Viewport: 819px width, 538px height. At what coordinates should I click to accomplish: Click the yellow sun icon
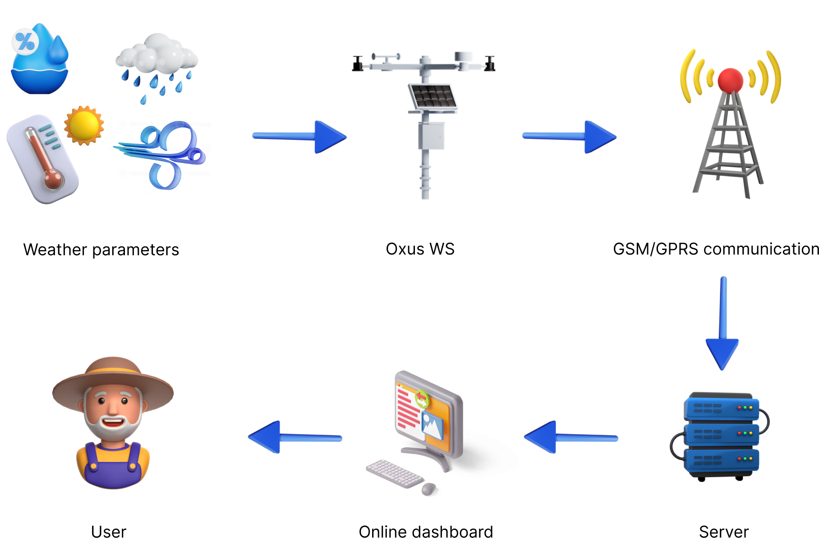point(84,125)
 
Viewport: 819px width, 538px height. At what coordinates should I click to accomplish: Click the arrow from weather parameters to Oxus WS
point(299,136)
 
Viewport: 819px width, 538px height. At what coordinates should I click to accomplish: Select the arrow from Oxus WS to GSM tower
point(569,136)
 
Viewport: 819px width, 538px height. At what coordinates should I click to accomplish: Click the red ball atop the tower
point(730,80)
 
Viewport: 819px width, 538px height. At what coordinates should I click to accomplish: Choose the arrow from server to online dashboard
point(571,437)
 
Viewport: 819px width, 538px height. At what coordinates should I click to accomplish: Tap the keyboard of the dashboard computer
point(394,473)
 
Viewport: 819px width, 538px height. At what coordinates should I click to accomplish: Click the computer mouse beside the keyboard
point(428,489)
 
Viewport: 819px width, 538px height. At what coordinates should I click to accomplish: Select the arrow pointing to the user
point(295,437)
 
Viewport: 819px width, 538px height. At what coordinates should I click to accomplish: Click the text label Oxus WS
point(420,249)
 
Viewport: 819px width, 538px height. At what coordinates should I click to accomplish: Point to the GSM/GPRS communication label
point(715,249)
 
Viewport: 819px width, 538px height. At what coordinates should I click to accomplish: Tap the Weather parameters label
point(101,250)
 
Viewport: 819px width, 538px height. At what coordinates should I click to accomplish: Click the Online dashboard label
point(425,531)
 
